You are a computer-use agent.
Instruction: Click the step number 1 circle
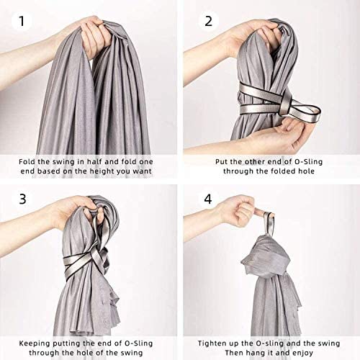pos(22,21)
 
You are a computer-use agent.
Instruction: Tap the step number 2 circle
pos(208,21)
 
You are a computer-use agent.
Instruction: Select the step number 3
pos(22,199)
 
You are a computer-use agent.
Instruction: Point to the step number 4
pos(208,199)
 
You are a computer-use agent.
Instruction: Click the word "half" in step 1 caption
pos(94,161)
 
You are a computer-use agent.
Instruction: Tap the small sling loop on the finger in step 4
pos(269,224)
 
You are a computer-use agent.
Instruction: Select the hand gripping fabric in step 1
pos(94,36)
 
